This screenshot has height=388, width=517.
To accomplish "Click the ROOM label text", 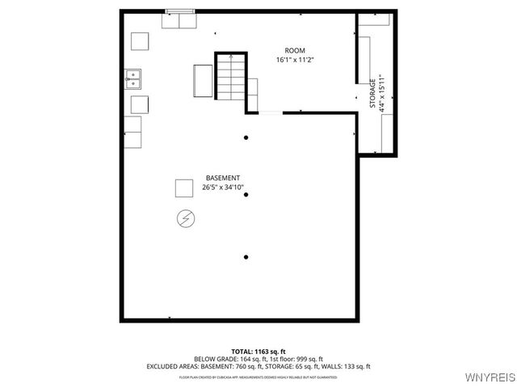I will (295, 51).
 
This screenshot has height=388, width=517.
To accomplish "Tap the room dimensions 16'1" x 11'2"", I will (295, 60).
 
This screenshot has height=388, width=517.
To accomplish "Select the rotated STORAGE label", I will (372, 93).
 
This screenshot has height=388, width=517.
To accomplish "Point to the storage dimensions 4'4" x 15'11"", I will (381, 93).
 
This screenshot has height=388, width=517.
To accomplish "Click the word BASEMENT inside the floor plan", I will (222, 178).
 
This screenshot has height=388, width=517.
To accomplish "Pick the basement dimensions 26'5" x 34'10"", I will (222, 188).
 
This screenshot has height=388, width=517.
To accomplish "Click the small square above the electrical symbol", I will (184, 188).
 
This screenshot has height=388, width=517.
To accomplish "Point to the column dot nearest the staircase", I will (246, 137).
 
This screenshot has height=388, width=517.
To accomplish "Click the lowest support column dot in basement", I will (246, 257).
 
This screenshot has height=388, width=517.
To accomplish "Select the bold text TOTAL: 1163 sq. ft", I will (258, 351).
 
